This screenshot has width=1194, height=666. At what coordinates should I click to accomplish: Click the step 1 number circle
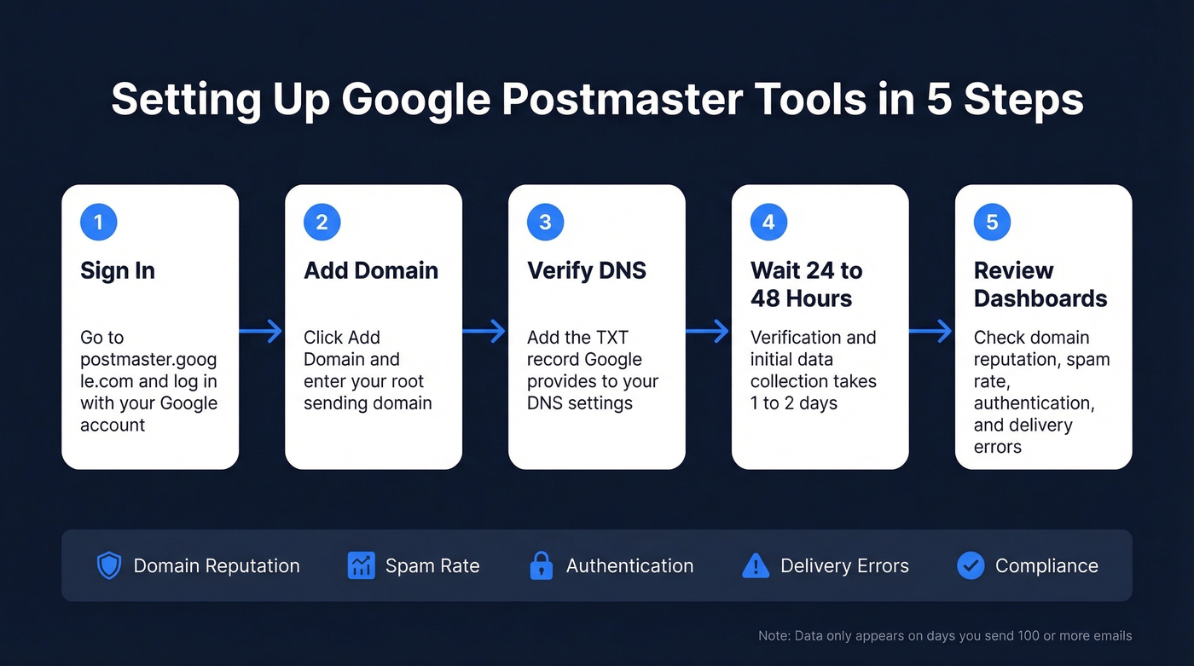click(x=99, y=223)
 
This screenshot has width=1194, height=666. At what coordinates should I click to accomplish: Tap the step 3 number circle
click(x=546, y=223)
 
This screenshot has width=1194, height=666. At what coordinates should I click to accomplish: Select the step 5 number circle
click(x=993, y=223)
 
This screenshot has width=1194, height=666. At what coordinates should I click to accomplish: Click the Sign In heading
click(x=118, y=270)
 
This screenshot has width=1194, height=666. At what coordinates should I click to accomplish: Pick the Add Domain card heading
click(x=371, y=270)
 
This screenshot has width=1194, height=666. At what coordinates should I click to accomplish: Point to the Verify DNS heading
click(x=587, y=270)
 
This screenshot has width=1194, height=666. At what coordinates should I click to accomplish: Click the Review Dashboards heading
click(x=1040, y=285)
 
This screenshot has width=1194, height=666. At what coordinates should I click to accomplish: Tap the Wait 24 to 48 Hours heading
click(x=806, y=285)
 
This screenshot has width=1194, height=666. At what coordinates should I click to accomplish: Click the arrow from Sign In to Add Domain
click(x=262, y=331)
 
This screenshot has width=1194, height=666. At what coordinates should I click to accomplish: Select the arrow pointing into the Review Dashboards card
click(x=931, y=331)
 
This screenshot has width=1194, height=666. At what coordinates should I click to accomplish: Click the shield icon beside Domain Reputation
click(x=109, y=566)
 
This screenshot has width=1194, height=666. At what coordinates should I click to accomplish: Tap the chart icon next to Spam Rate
click(x=362, y=566)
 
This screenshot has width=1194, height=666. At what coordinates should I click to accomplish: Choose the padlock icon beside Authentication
click(x=542, y=566)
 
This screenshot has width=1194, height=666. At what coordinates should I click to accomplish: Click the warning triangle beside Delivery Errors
click(x=756, y=566)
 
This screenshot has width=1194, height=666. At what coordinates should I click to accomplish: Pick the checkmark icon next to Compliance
click(x=971, y=566)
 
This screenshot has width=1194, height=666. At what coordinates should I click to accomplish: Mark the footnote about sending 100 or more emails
click(x=945, y=635)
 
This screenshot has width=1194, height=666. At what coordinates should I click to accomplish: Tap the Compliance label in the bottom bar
click(x=1046, y=566)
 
